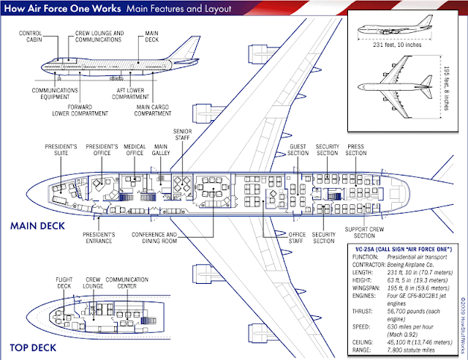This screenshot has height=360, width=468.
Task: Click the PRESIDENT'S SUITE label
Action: click(x=61, y=150)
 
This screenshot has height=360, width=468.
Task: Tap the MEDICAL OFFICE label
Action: click(x=135, y=150)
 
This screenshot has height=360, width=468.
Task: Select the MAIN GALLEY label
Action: click(x=161, y=150)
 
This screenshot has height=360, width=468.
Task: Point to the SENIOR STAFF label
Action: click(x=182, y=135)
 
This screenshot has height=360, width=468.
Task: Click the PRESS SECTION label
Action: click(x=356, y=150)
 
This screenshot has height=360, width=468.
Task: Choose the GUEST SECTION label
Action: click(x=298, y=150)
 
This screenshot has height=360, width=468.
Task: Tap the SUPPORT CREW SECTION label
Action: click(x=364, y=233)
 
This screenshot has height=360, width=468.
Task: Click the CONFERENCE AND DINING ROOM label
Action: click(x=154, y=238)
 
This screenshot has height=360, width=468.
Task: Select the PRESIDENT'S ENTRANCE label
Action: click(x=99, y=238)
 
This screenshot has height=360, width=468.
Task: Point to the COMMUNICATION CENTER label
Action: click(x=127, y=283)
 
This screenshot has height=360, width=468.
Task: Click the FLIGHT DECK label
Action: click(x=64, y=283)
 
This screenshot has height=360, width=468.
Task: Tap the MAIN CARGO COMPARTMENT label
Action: click(x=153, y=110)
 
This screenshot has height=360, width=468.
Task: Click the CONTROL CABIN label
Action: click(x=31, y=37)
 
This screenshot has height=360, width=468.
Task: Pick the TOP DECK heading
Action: click(x=33, y=348)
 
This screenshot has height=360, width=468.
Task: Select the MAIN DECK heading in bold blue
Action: click(x=37, y=226)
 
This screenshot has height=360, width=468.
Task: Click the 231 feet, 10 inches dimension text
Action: click(x=397, y=45)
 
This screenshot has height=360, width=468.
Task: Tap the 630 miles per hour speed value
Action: click(x=410, y=327)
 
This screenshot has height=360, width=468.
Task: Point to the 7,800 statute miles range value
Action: click(x=411, y=350)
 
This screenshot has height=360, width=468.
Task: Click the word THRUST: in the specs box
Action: click(x=363, y=311)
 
